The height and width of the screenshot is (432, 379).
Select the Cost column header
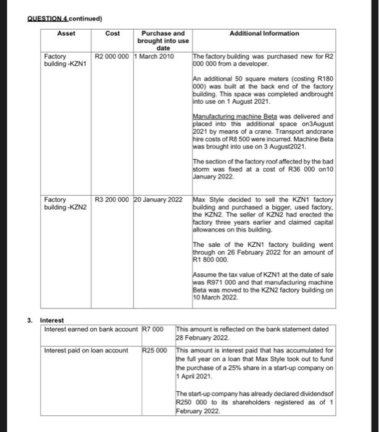click(112, 33)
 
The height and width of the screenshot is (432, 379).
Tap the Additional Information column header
click(264, 33)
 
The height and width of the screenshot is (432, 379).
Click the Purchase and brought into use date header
click(163, 41)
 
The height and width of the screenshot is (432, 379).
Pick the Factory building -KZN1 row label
click(64, 60)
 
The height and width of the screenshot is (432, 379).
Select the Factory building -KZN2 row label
click(65, 204)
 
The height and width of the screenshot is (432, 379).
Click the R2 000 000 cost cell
click(112, 56)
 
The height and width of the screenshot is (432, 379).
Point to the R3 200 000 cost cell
click(112, 200)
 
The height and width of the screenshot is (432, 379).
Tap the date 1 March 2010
click(154, 56)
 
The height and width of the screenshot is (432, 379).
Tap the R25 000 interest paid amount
click(155, 351)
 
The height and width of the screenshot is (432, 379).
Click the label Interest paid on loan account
click(86, 351)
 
